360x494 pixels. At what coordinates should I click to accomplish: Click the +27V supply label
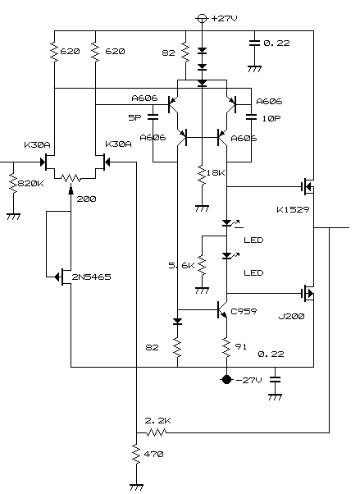[225, 18]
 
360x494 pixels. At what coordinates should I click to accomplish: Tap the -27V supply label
[248, 380]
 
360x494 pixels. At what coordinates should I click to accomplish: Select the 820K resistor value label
[30, 183]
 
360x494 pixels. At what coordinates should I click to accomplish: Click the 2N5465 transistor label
[91, 277]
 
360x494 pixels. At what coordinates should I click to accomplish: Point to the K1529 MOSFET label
[293, 209]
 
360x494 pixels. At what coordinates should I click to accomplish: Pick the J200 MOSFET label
[291, 316]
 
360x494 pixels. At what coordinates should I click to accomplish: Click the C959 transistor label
[244, 311]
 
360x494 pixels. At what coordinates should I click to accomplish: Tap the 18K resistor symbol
[202, 175]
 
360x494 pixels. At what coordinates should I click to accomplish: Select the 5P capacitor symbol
[153, 117]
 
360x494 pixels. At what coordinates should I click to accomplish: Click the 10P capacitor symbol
[251, 117]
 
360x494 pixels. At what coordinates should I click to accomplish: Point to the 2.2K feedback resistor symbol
[157, 432]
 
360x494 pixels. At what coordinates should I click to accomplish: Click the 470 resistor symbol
[136, 454]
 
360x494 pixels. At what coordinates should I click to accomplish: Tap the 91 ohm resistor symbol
[226, 347]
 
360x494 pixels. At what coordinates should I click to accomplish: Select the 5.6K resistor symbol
[202, 267]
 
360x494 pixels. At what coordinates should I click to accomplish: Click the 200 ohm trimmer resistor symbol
[71, 179]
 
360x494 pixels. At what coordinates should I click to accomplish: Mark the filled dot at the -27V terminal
[226, 380]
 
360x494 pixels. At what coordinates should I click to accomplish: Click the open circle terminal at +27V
[202, 19]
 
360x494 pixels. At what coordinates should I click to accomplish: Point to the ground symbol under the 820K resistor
[14, 217]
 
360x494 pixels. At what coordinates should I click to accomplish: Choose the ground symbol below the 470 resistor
[136, 487]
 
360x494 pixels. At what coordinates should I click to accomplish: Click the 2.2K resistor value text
[157, 421]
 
